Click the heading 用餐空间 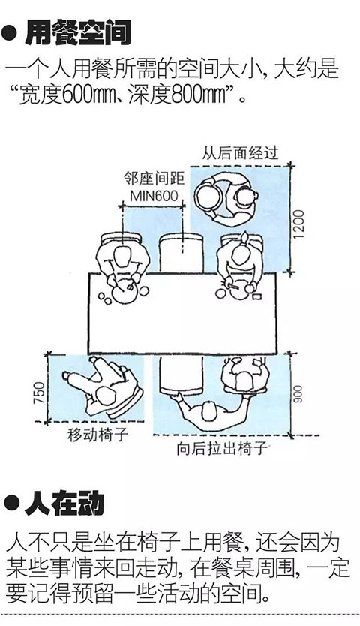(77, 33)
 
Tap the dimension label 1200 (299, 224)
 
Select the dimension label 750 (40, 393)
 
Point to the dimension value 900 (299, 394)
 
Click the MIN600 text (154, 196)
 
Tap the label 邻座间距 (154, 179)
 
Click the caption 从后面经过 (240, 153)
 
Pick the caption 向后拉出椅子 (222, 449)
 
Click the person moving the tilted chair (103, 387)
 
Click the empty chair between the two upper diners (181, 252)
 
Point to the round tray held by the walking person (208, 196)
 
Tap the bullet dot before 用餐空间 (10, 34)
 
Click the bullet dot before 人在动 (11, 504)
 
